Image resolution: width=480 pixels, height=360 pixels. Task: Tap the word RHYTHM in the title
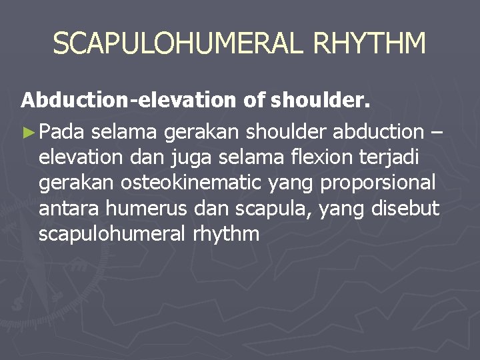click(369, 44)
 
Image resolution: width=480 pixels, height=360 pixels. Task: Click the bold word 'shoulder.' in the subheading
click(320, 100)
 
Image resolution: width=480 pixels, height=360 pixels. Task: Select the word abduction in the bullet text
click(378, 133)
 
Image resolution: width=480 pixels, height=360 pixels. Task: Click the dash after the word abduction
click(436, 133)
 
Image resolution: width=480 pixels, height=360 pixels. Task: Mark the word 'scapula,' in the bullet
click(274, 209)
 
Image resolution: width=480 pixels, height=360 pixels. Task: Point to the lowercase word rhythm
click(227, 234)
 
